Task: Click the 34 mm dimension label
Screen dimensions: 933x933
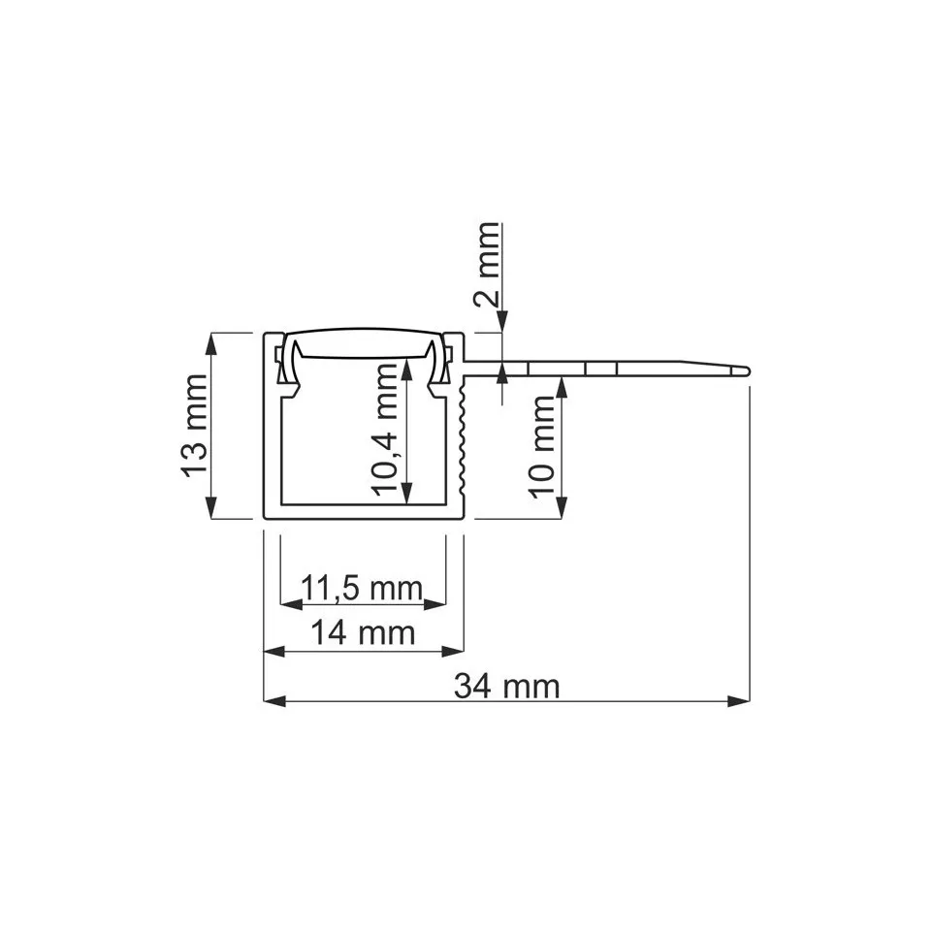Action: tap(507, 687)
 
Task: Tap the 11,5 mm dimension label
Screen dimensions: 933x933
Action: tap(362, 588)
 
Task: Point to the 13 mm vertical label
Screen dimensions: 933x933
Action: tap(194, 426)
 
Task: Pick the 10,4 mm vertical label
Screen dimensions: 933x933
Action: tap(388, 432)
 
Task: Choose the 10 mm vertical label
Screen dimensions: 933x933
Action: tap(544, 446)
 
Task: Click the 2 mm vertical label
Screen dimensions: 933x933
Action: tap(490, 264)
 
